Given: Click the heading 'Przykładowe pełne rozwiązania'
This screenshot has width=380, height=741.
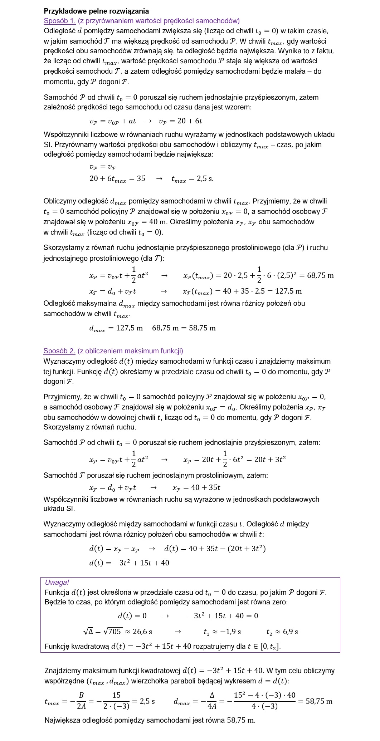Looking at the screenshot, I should [96, 11].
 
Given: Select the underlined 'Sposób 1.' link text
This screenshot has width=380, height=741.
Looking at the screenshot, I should [59, 21].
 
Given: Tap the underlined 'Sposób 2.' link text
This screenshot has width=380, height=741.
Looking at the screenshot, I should [59, 351].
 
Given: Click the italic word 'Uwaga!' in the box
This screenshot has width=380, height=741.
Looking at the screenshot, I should [57, 583].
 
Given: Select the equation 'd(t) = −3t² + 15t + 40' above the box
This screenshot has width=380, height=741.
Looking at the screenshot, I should [129, 563].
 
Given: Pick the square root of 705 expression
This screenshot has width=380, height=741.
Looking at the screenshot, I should [112, 632].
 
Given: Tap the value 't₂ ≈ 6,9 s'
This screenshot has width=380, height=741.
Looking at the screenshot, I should [282, 632].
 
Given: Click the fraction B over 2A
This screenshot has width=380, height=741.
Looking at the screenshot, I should [81, 701].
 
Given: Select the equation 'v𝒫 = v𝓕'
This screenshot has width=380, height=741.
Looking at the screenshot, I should [102, 167].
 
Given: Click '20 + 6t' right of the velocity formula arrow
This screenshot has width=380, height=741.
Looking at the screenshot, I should [190, 121].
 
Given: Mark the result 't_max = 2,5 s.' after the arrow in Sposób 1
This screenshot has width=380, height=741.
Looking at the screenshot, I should [193, 179].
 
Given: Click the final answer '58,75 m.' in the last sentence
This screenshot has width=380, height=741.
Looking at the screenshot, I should [241, 720].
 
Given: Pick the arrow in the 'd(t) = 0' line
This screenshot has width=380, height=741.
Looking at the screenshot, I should [166, 616].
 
